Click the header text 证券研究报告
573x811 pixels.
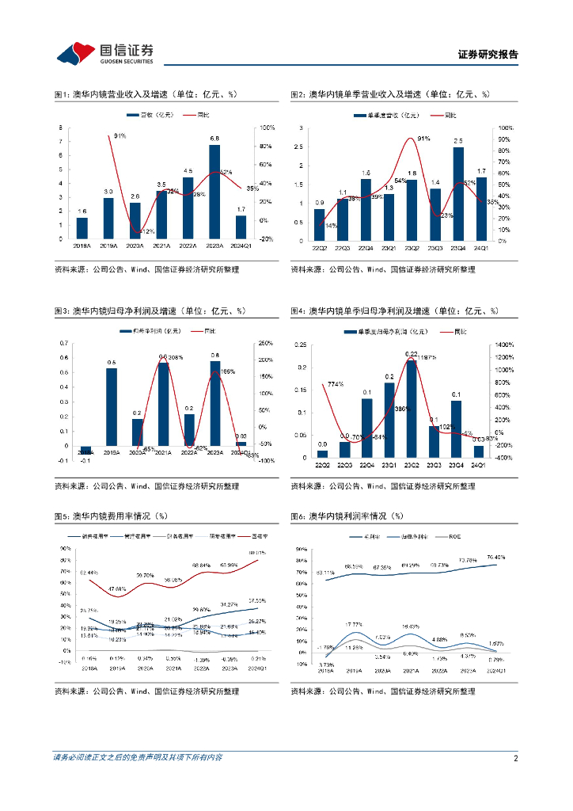(488, 55)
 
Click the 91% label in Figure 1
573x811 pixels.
(120, 135)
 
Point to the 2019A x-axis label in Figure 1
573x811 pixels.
(109, 246)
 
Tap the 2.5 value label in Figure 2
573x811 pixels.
(458, 141)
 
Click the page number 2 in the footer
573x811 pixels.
(515, 758)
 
